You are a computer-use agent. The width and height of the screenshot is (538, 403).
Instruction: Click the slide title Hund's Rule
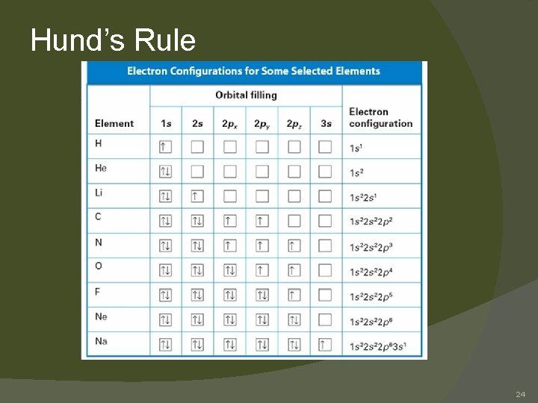point(113,40)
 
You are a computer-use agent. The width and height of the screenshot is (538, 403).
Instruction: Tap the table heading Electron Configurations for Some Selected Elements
point(253,72)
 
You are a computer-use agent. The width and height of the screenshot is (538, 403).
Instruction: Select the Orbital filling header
point(246,95)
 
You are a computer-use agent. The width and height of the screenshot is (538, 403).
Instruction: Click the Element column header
point(114,123)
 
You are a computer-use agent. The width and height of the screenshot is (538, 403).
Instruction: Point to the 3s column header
point(326,123)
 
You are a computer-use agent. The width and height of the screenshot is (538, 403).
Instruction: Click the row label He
point(101,168)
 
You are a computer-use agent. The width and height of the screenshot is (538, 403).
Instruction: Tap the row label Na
point(101,341)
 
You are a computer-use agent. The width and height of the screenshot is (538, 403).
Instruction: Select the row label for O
point(99,266)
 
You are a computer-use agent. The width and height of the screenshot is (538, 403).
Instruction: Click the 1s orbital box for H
point(165,147)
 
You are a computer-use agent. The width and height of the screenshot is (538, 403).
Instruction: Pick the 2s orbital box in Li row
point(197,196)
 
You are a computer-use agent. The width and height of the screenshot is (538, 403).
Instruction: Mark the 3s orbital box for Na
point(325,345)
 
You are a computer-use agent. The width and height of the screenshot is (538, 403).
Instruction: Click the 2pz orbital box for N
point(294,246)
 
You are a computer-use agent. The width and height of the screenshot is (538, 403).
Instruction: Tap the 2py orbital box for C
point(262,221)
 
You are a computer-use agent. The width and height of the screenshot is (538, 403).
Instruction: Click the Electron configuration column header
point(380,117)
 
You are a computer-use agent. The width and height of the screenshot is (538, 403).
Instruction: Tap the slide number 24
point(520,393)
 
